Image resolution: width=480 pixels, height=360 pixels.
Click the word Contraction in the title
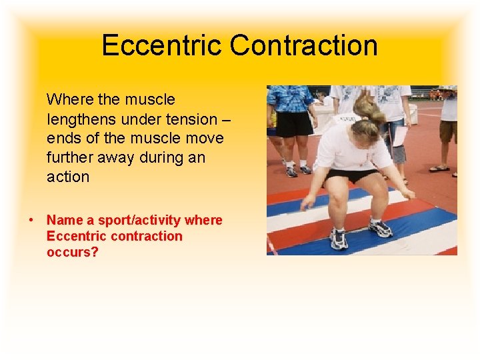(304, 46)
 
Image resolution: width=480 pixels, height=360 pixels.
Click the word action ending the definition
(67, 177)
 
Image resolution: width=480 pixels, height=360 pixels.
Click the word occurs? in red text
(71, 252)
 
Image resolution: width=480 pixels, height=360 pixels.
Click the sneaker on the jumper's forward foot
(339, 239)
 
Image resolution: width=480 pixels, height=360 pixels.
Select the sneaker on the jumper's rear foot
(381, 228)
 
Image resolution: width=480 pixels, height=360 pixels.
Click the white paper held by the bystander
(400, 137)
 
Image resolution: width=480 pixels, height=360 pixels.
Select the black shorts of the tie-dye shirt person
(294, 124)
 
